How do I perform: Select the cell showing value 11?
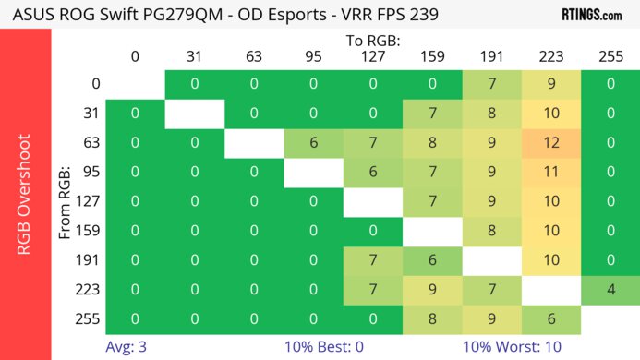pos(550,172)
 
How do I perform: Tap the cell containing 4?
pos(610,290)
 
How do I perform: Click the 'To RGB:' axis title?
pos(372,41)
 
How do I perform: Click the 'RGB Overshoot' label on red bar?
pos(25,194)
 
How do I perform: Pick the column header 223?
pos(550,57)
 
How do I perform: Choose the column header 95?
pos(312,57)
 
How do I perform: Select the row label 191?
pos(90,260)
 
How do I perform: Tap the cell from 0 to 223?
pos(550,84)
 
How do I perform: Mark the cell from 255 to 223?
pos(550,319)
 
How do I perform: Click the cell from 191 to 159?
pos(431,260)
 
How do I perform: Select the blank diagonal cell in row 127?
pos(372,201)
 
